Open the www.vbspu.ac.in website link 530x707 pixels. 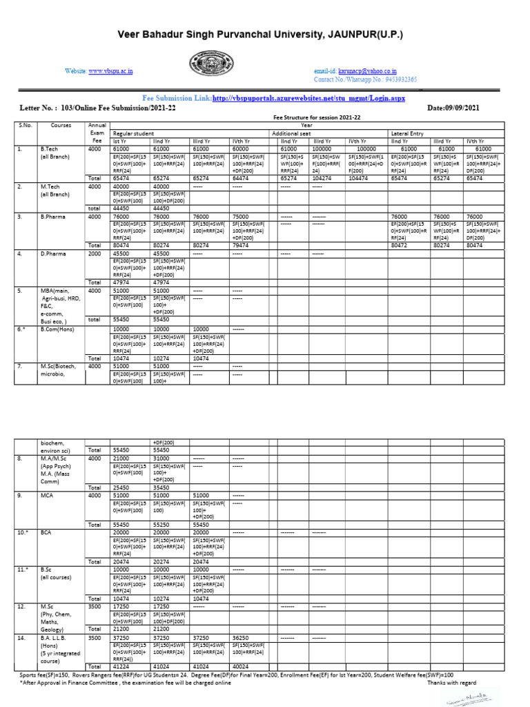110,71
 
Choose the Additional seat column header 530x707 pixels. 295,133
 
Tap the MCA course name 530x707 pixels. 47,495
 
